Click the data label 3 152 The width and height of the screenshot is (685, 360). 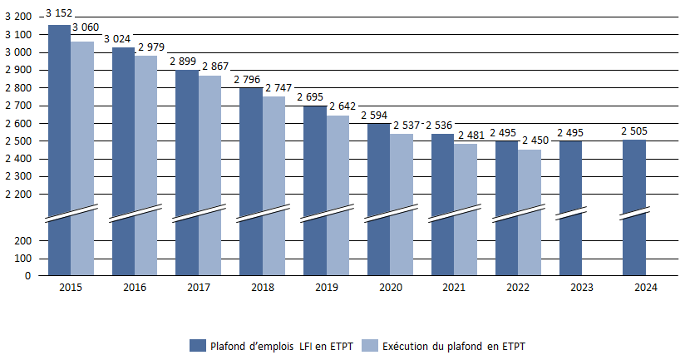(x=60, y=13)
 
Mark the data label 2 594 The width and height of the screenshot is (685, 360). (x=377, y=116)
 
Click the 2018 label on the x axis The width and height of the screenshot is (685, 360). (x=262, y=288)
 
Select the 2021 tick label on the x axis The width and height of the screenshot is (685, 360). (x=454, y=288)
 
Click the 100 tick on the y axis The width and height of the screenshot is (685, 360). (x=22, y=258)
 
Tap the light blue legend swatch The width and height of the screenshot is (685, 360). (x=371, y=345)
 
